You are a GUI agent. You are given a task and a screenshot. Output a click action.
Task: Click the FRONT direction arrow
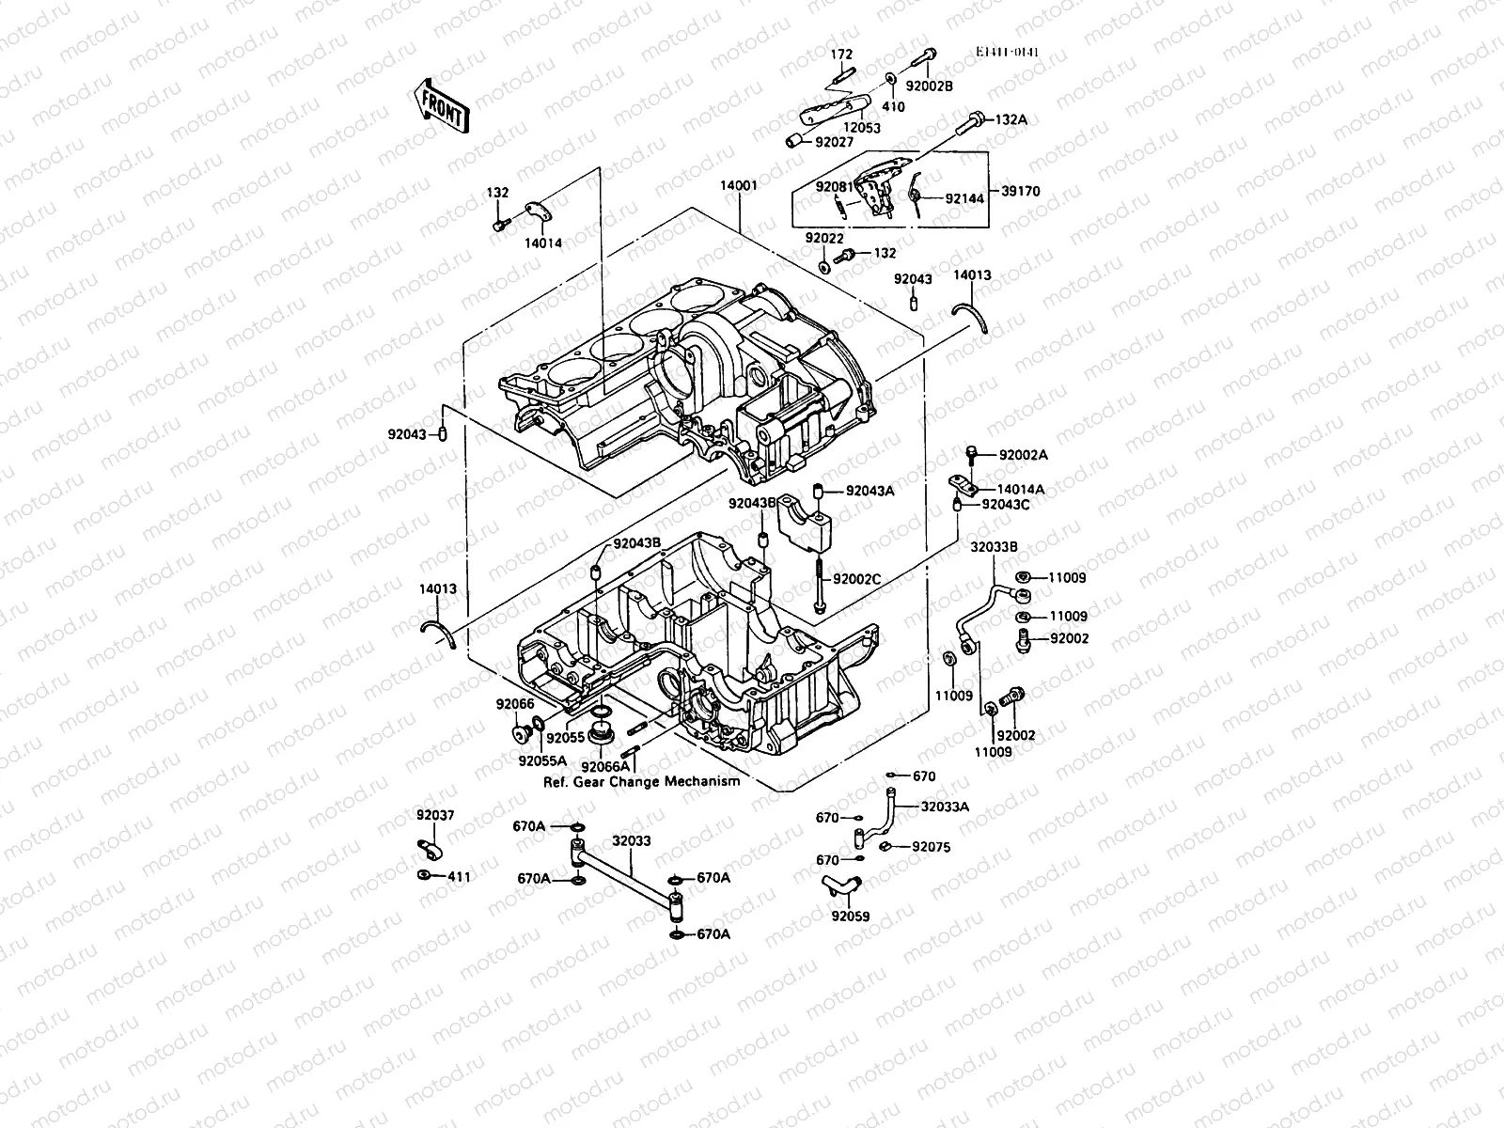click(x=439, y=103)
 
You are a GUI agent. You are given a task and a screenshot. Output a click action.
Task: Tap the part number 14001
click(x=739, y=186)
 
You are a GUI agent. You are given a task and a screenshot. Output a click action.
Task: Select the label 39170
click(x=1021, y=192)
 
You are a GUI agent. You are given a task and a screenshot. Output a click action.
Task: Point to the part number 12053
click(x=861, y=128)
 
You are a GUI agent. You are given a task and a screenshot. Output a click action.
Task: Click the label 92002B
click(x=929, y=86)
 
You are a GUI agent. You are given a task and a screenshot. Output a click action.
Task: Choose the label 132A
click(x=1011, y=120)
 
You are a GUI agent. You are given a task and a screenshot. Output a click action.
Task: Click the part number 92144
click(x=964, y=199)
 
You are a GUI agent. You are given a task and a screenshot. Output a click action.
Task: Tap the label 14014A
click(x=1020, y=490)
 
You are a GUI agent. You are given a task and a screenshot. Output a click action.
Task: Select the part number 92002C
click(x=856, y=578)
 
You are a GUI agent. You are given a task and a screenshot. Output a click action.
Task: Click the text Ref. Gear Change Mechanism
click(x=641, y=781)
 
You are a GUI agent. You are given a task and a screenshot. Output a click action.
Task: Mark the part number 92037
click(x=435, y=815)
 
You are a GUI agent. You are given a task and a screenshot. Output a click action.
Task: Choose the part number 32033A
click(x=945, y=806)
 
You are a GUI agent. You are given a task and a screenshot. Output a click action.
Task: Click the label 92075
click(x=931, y=847)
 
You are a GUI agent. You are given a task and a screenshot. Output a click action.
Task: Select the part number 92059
click(x=850, y=915)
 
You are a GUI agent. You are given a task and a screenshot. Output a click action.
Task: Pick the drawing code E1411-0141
click(x=1007, y=54)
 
